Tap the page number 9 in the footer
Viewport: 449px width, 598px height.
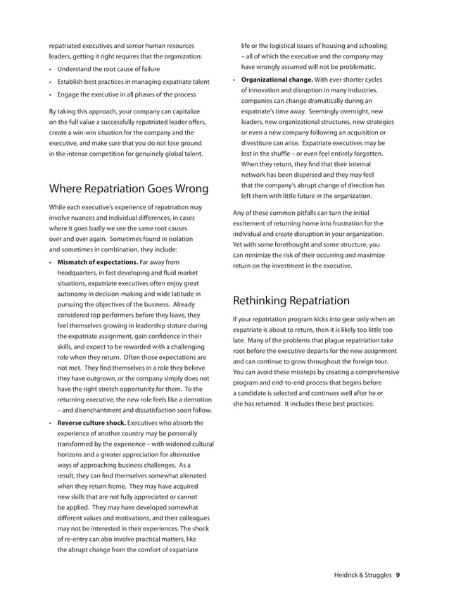398,575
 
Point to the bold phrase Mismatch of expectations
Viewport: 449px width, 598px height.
97,263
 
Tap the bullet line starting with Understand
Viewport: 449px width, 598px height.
108,69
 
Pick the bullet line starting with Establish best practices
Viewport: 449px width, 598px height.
133,82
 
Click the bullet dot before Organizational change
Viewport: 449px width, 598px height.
234,80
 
